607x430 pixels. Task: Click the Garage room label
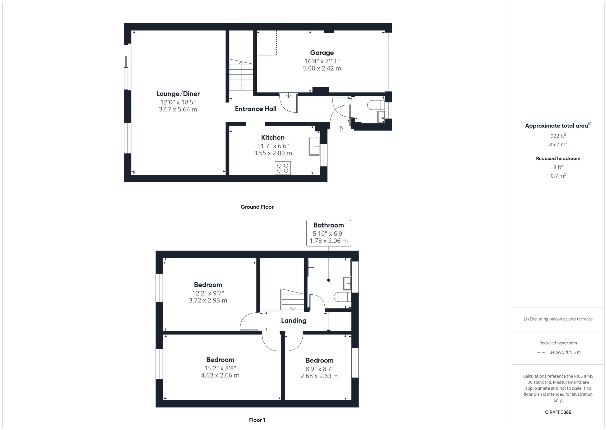[322, 53]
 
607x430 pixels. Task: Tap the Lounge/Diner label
[178, 94]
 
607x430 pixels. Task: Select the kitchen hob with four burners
[283, 168]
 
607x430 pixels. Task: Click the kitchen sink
[314, 146]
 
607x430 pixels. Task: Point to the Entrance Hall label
[256, 109]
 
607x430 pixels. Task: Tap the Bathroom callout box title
[329, 225]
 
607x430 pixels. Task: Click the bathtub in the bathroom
[329, 267]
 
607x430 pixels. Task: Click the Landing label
[294, 321]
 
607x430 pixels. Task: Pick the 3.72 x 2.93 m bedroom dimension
[208, 300]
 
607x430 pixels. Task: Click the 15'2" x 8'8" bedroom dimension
[220, 368]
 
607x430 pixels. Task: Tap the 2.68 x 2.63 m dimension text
[320, 376]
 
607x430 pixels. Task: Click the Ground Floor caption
[257, 207]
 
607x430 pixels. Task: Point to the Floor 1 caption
[257, 420]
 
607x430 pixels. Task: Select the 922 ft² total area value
[558, 136]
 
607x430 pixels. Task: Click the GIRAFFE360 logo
[558, 412]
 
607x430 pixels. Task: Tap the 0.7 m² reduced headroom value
[558, 175]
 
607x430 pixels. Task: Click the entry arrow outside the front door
[340, 129]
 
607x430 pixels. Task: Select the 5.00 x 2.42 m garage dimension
[322, 68]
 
